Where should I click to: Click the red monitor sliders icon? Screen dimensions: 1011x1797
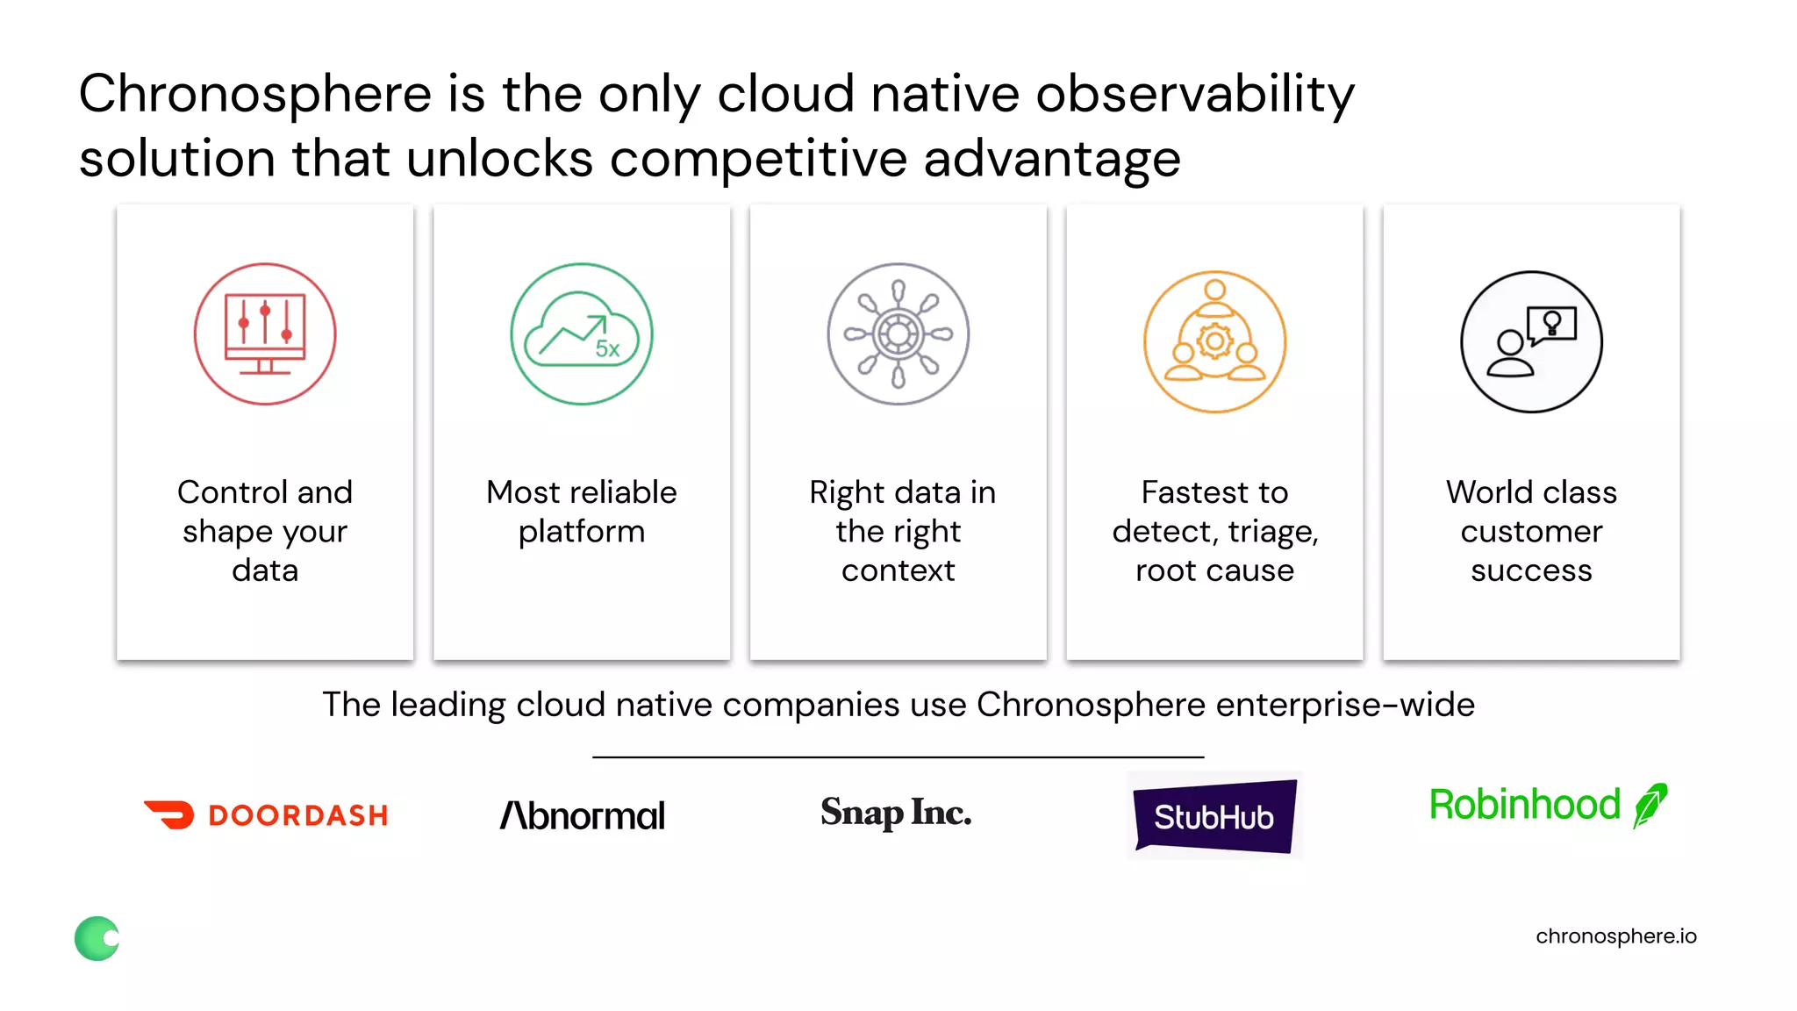pos(265,333)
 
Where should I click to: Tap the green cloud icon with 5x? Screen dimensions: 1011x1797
pos(582,333)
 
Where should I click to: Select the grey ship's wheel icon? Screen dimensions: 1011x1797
pos(898,333)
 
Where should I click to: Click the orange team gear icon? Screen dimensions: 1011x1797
pos(1214,341)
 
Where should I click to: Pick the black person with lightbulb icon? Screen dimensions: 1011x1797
pos(1531,341)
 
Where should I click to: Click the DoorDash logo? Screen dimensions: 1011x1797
pos(266,814)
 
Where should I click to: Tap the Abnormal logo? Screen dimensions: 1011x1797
pos(582,815)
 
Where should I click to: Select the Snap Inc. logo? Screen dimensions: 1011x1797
pos(896,813)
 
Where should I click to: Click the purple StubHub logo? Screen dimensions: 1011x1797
pos(1214,816)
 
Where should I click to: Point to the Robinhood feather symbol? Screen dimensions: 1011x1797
pos(1650,805)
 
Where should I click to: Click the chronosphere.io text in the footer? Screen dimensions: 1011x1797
pos(1615,936)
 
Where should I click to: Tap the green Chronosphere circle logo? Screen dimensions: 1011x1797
pos(97,938)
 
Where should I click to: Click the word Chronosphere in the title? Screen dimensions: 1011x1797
pos(255,94)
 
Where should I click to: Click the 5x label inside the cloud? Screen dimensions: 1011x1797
pos(607,348)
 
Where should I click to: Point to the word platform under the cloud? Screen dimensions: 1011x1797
pos(582,532)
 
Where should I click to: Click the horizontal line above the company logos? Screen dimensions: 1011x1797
pos(898,756)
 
